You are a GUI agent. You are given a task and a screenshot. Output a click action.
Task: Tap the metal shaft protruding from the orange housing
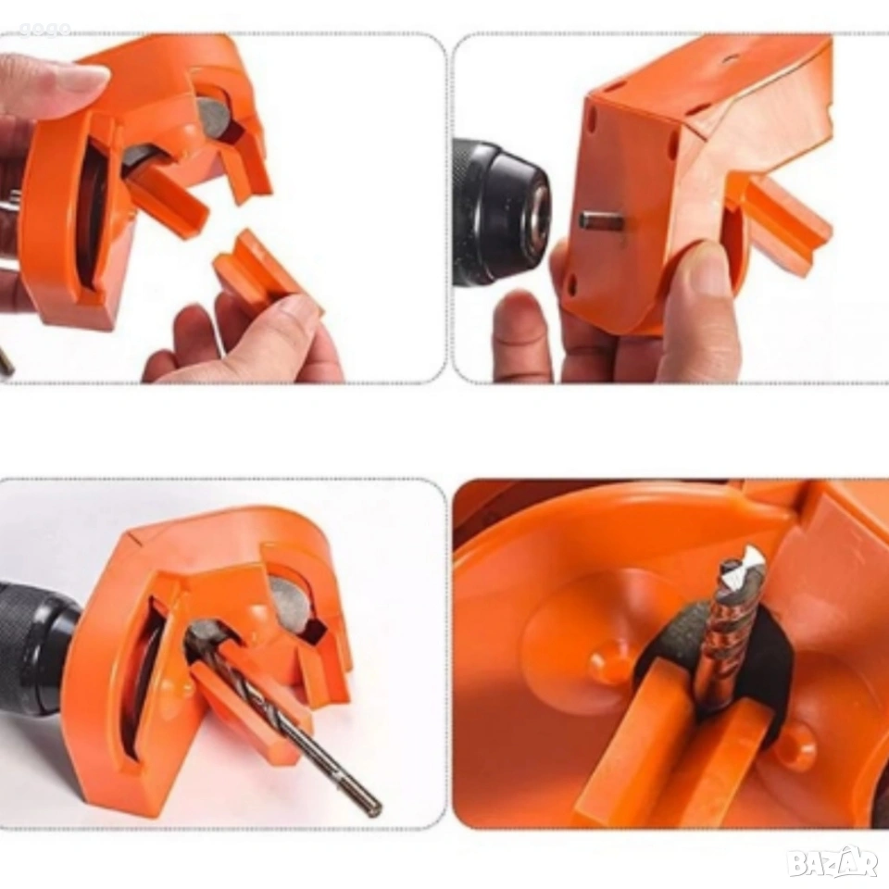600,220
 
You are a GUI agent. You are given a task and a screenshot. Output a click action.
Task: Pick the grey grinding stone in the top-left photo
214,118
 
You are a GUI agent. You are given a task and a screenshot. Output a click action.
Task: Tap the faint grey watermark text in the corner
44,29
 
